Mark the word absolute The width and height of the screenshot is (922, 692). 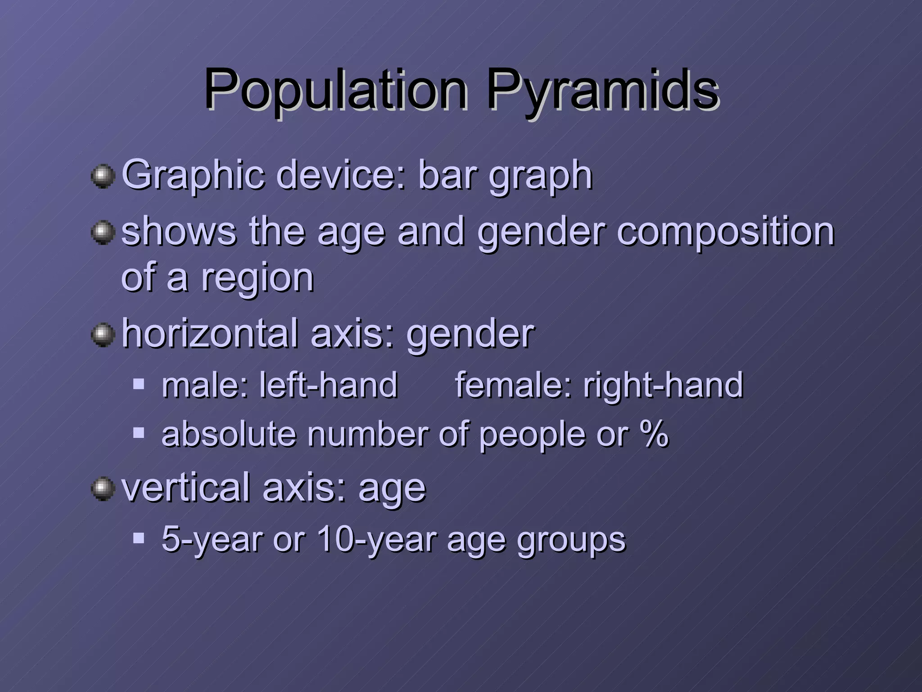click(x=229, y=434)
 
